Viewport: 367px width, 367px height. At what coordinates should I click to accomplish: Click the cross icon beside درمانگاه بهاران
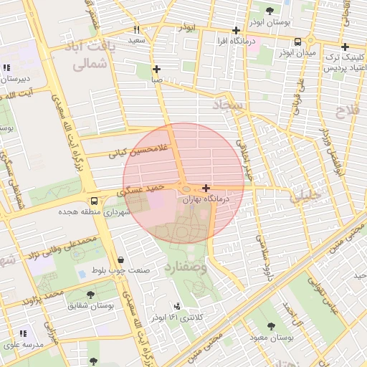point(206,188)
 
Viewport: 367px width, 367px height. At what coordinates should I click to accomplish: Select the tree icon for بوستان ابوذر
point(269,11)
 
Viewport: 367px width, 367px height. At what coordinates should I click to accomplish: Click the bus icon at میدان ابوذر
point(297,42)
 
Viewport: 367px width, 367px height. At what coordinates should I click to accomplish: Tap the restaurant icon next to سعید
point(136,30)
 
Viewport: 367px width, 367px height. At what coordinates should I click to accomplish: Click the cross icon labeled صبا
point(157,70)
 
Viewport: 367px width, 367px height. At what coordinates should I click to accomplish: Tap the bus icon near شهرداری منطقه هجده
point(94,200)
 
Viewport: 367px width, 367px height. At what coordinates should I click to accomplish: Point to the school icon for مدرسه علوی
point(23,333)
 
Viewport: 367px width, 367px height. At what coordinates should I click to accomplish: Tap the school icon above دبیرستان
point(6,68)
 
